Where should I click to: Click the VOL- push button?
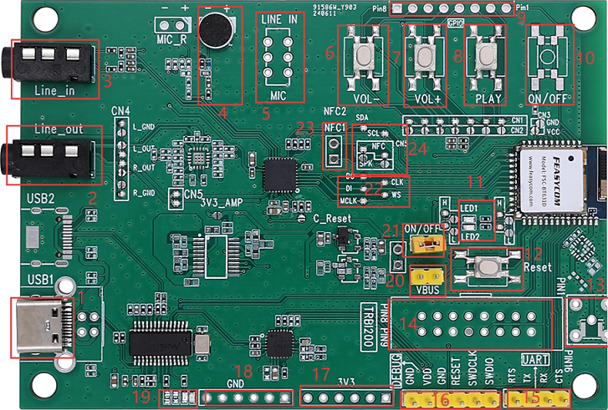point(365,58)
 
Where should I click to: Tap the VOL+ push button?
point(423,58)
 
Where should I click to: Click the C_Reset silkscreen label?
point(330,218)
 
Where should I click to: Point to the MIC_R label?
point(171,38)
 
